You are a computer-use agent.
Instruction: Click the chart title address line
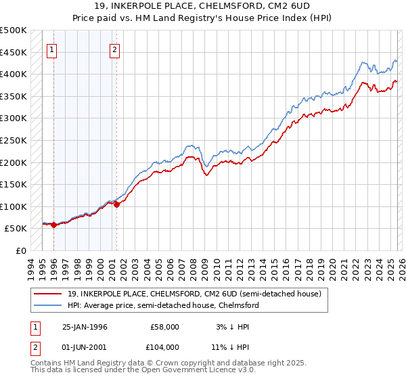coord(202,7)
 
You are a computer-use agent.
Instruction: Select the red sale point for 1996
coord(53,225)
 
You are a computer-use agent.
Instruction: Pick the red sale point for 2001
coord(116,205)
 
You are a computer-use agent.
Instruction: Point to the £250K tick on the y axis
coord(14,140)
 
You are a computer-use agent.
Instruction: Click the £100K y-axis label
coord(14,206)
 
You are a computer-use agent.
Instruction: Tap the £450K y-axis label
coord(14,52)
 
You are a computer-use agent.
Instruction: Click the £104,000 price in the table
coord(160,347)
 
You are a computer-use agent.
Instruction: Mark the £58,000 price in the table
coord(163,326)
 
